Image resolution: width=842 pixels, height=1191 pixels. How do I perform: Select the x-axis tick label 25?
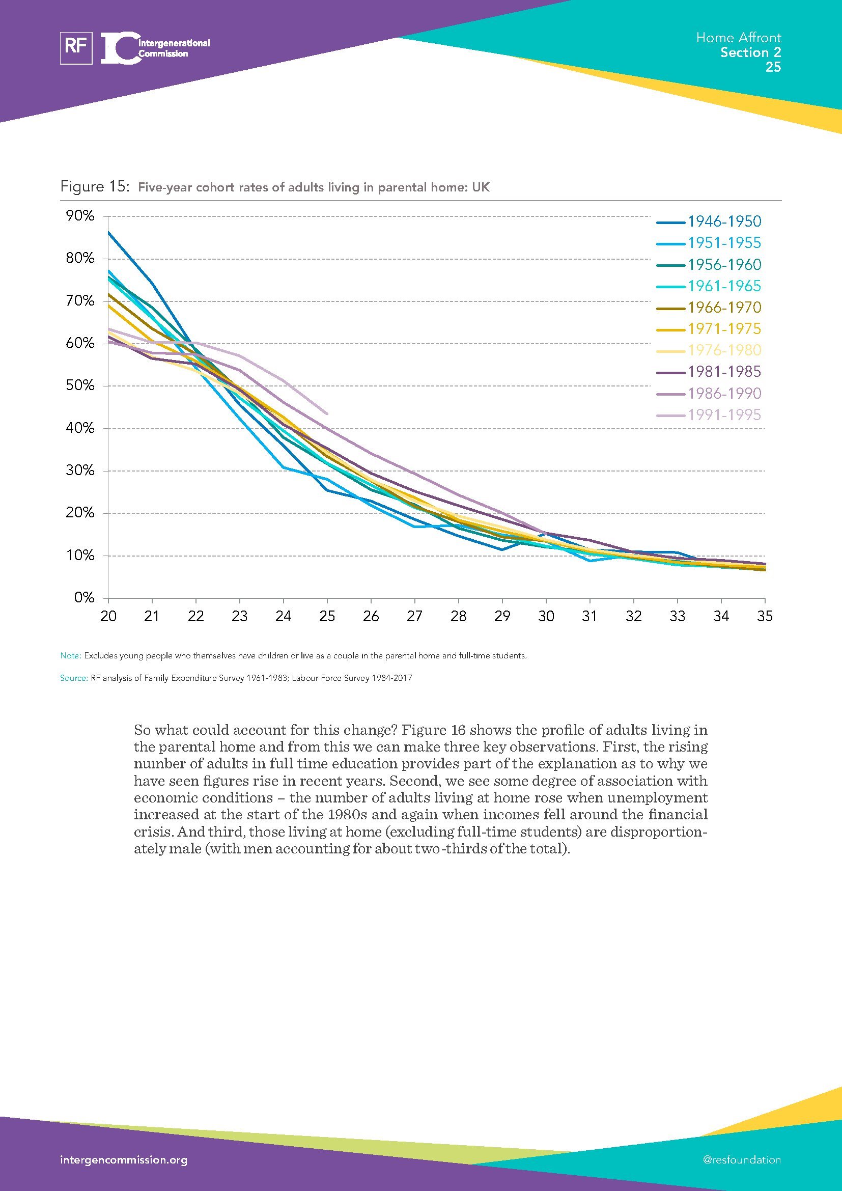point(327,616)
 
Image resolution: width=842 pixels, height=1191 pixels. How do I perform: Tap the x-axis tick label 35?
point(765,616)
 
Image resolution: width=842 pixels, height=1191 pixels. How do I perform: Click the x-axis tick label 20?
point(108,616)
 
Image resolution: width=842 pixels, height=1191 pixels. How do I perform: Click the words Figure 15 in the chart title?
point(94,187)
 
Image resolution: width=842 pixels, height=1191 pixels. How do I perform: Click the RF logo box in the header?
point(76,48)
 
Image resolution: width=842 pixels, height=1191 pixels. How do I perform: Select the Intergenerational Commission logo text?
point(174,48)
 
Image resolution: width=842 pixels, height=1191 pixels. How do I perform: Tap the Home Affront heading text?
point(738,38)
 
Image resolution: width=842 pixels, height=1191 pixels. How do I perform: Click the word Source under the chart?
point(73,678)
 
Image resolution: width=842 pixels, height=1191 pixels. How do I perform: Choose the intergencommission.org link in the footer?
point(124,1160)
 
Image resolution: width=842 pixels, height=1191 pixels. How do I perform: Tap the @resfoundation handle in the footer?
point(741,1160)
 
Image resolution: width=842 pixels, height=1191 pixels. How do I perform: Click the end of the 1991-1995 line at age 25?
point(327,413)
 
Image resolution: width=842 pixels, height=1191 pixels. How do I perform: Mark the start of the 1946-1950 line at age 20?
point(108,232)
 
